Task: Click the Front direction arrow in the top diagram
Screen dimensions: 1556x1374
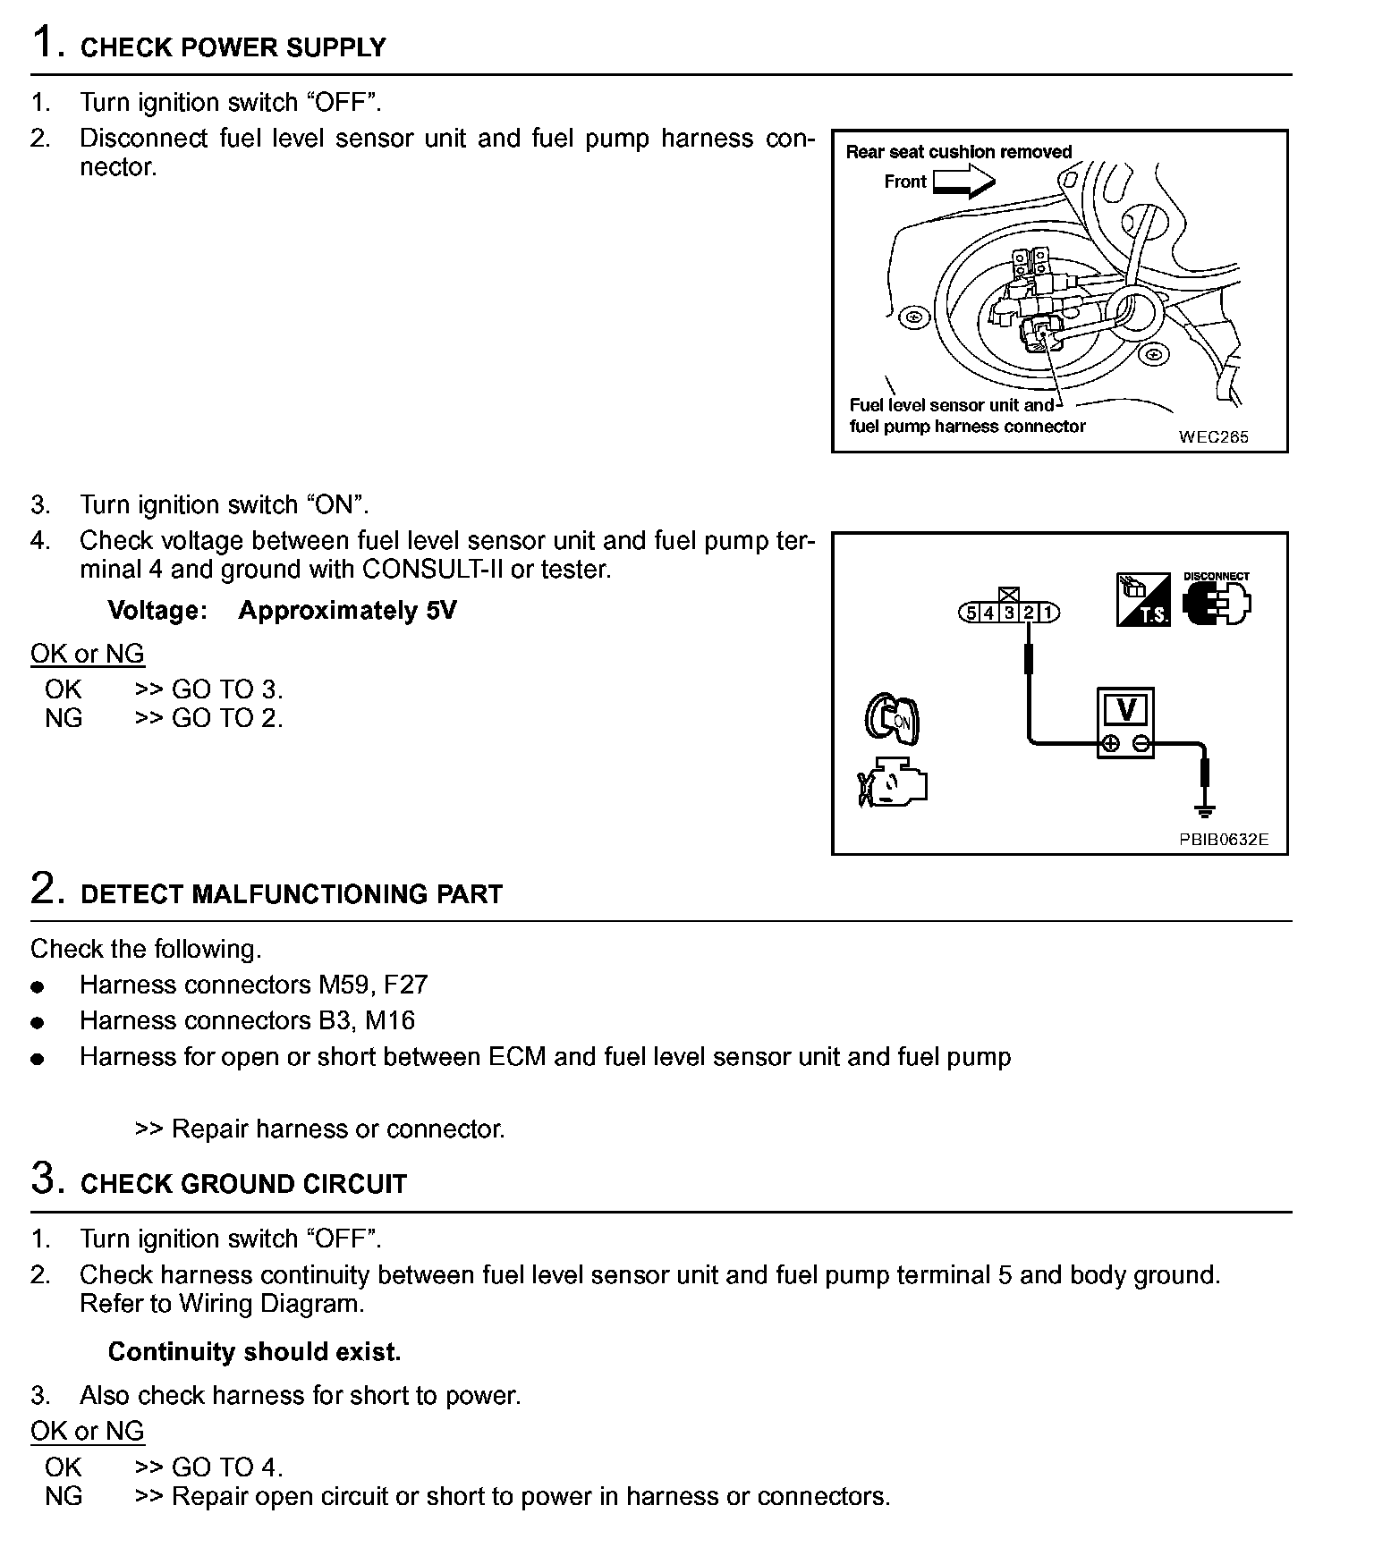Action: pyautogui.click(x=963, y=182)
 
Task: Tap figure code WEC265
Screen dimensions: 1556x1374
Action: pyautogui.click(x=1213, y=436)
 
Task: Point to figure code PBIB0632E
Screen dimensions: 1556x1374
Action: pyautogui.click(x=1223, y=840)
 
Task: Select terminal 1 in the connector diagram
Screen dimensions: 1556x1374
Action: pyautogui.click(x=1048, y=613)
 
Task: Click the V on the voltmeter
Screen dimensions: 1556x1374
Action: pyautogui.click(x=1126, y=710)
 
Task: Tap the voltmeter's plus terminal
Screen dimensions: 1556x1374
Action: pyautogui.click(x=1109, y=743)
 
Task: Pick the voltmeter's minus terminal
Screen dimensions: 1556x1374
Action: pyautogui.click(x=1141, y=743)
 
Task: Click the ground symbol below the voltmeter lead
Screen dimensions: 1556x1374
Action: pyautogui.click(x=1205, y=810)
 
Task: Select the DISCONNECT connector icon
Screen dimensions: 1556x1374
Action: pyautogui.click(x=1217, y=601)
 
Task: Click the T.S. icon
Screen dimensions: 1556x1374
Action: pyautogui.click(x=1143, y=600)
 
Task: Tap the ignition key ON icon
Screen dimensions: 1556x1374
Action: pyautogui.click(x=892, y=716)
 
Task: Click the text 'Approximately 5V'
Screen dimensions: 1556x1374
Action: pyautogui.click(x=347, y=611)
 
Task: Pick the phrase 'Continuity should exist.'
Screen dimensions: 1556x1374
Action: pyautogui.click(x=254, y=1351)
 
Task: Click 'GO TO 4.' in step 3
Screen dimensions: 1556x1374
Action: pyautogui.click(x=227, y=1467)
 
